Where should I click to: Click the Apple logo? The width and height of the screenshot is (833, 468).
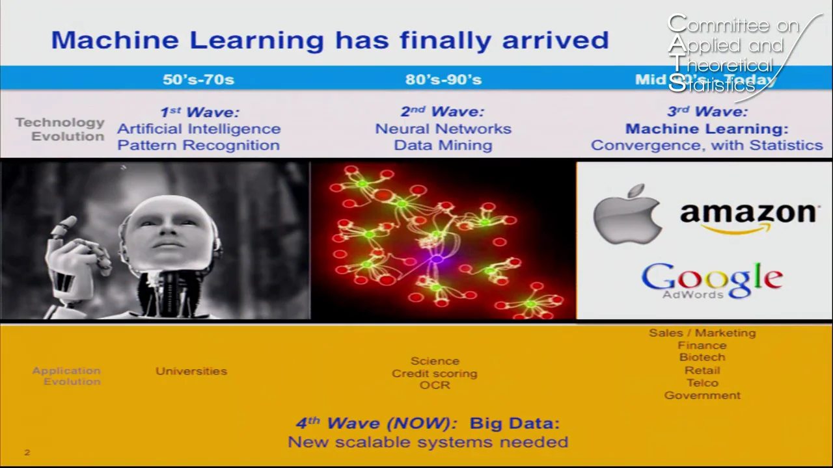627,214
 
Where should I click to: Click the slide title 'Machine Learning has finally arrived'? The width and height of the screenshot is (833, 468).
329,40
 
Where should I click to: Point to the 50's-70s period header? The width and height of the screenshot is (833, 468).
198,79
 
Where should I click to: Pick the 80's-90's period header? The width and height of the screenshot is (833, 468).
443,79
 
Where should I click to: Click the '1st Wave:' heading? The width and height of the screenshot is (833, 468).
199,112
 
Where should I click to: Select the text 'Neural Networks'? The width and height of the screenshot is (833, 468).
443,129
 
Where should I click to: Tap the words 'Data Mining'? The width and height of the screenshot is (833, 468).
443,145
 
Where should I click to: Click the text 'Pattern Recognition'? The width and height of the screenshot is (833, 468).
198,145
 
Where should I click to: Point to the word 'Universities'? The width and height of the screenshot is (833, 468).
191,371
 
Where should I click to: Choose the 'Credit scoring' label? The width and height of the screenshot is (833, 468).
435,374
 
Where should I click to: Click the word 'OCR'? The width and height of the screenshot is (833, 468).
435,385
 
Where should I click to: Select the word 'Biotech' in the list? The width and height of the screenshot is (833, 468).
702,357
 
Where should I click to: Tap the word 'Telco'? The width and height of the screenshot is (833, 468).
702,383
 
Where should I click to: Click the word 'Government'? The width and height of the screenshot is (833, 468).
702,395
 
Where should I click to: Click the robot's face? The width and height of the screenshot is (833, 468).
167,234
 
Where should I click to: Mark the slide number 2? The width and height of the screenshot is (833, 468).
27,452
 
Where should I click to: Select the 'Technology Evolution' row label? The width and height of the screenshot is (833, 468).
61,129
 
